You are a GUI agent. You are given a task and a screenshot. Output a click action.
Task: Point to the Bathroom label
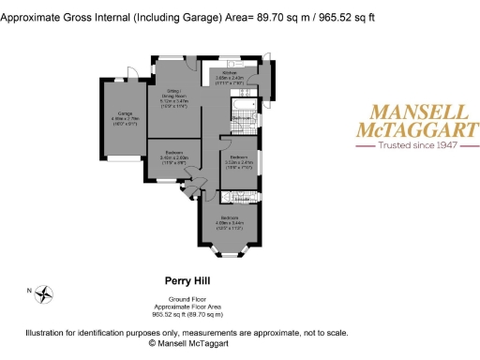click(x=242, y=117)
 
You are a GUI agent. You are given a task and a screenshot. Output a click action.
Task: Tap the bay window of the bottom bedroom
click(x=228, y=251)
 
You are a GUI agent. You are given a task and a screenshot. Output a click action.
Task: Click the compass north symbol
click(x=42, y=294)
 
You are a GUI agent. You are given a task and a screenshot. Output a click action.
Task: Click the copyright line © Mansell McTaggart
click(x=197, y=344)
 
